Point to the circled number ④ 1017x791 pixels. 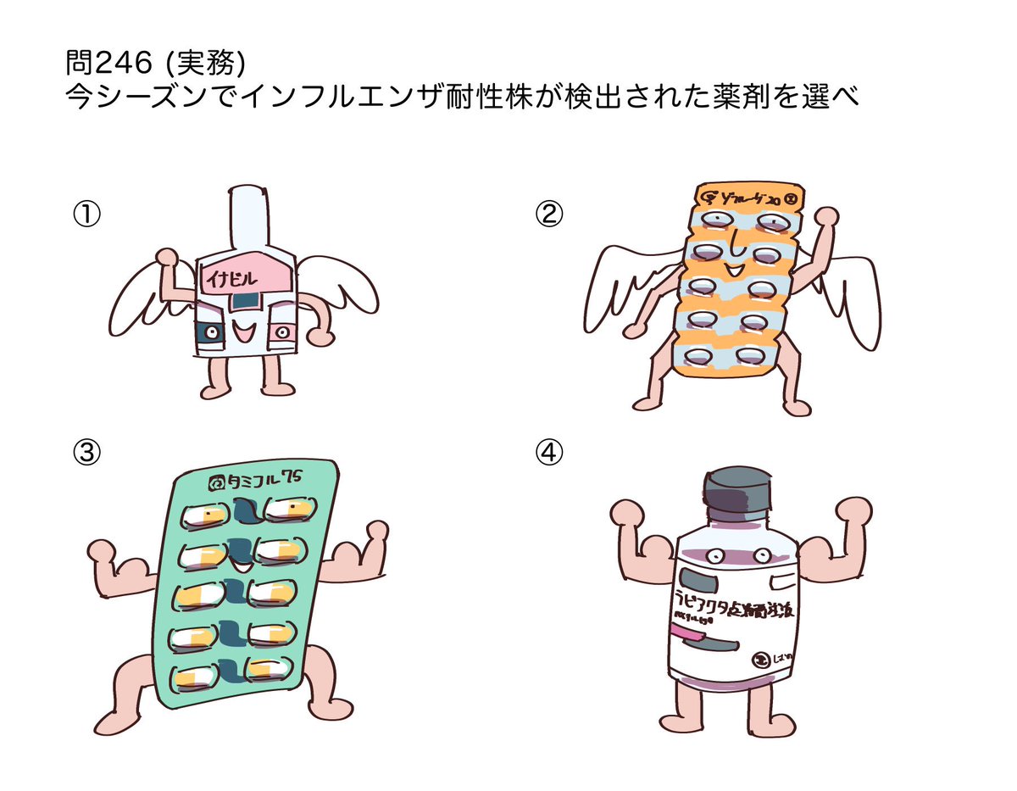tap(549, 454)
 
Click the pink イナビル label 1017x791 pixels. tap(246, 276)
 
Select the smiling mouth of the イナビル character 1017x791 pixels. tap(246, 332)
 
